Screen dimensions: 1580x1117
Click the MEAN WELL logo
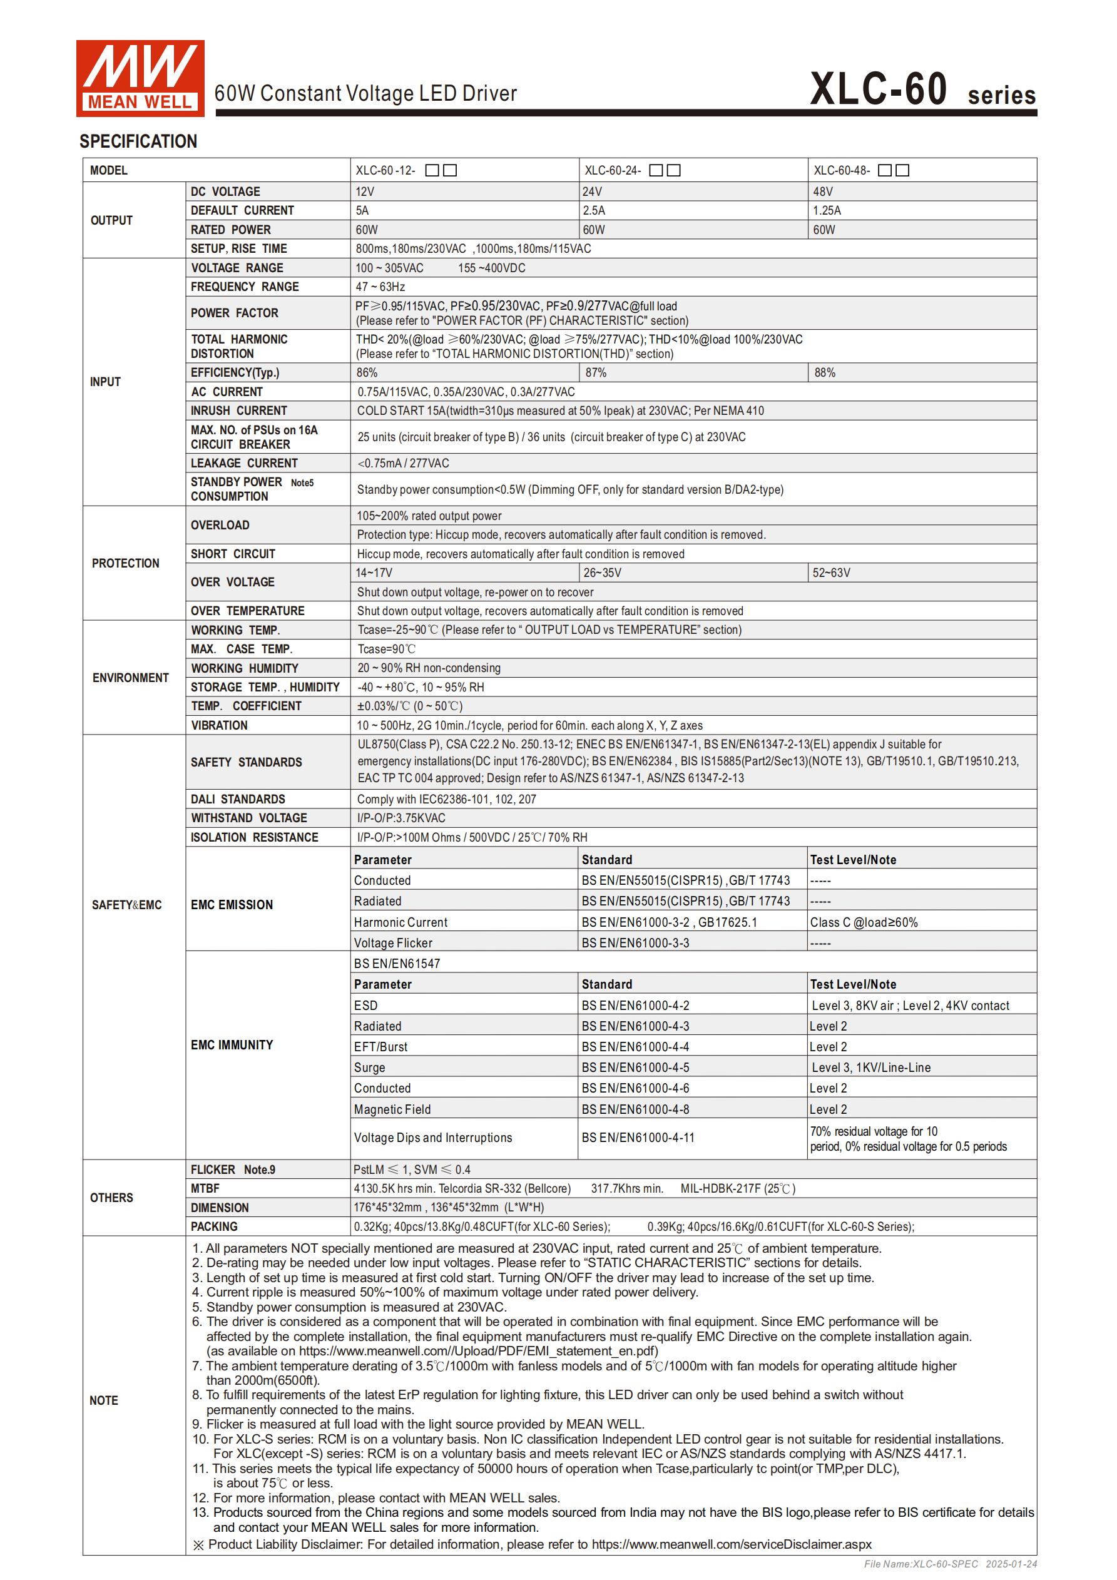(140, 78)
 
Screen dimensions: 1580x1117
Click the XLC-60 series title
(922, 90)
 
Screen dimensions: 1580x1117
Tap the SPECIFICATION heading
(138, 142)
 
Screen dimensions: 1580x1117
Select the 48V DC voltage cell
(823, 192)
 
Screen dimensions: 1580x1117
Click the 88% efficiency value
(825, 373)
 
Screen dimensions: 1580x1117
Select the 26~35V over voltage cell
(602, 573)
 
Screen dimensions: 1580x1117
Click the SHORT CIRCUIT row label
(233, 554)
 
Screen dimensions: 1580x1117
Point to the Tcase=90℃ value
(386, 649)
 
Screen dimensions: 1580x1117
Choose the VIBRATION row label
(219, 725)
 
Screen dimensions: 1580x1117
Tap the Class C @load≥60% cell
(863, 923)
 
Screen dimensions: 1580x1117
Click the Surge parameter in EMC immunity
(370, 1068)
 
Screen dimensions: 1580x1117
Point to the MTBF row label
(205, 1188)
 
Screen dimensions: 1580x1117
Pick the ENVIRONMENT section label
(130, 678)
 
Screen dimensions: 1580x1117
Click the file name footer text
(950, 1564)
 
